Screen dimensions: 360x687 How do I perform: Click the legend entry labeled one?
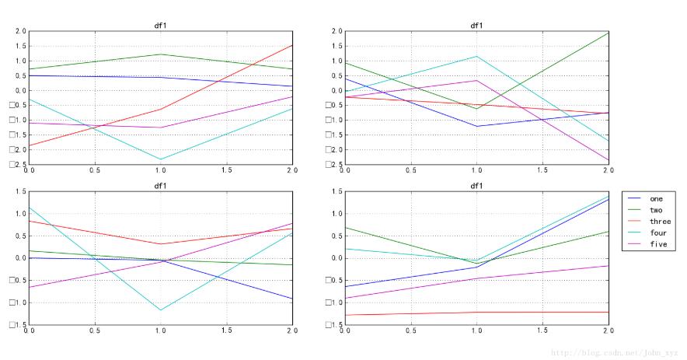[656, 198]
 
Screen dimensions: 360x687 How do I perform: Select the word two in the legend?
[656, 210]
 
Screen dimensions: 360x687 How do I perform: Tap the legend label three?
[660, 222]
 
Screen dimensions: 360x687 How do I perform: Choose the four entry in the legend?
[657, 232]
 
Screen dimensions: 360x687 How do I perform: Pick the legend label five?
[657, 244]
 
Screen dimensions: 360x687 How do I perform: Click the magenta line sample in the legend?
[635, 244]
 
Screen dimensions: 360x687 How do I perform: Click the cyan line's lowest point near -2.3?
[161, 159]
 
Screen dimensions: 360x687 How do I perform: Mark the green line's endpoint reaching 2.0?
[608, 32]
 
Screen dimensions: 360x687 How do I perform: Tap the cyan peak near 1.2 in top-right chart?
[476, 56]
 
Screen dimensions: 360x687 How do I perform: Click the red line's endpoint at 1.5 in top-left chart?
[292, 45]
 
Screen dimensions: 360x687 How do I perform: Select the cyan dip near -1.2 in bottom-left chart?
[161, 310]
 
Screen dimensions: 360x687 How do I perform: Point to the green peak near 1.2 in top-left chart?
[161, 54]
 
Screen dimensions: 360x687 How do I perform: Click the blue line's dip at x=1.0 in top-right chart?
[476, 127]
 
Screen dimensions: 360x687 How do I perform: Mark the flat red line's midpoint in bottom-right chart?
[476, 313]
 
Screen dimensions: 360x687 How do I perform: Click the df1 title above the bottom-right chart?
[476, 186]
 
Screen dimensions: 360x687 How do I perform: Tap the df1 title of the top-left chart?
[161, 26]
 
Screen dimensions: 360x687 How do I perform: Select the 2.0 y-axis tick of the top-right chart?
[336, 32]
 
